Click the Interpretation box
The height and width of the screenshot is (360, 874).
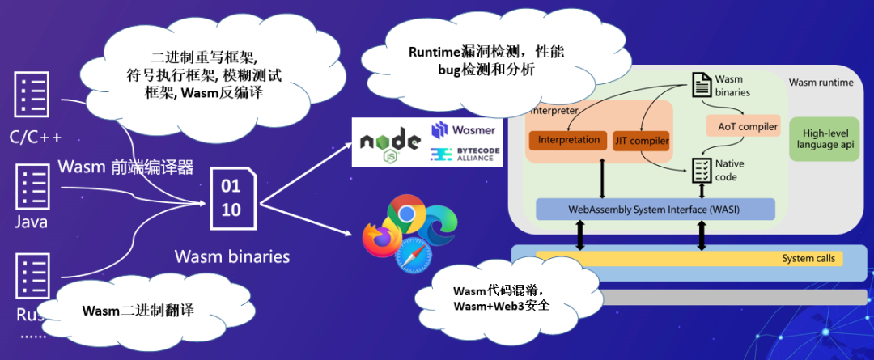(x=569, y=140)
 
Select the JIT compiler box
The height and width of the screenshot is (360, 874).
(x=641, y=141)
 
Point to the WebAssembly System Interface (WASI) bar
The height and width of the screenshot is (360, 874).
(x=655, y=209)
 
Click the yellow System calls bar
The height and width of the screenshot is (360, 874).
(x=688, y=259)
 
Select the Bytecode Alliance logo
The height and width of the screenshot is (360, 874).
(x=464, y=155)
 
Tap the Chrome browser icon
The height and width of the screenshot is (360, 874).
(x=406, y=214)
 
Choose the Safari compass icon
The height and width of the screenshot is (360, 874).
(x=413, y=258)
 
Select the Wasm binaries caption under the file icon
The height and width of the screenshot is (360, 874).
(x=232, y=256)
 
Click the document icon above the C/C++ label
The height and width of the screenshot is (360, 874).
(x=29, y=95)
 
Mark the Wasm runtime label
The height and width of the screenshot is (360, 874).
(x=821, y=83)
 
